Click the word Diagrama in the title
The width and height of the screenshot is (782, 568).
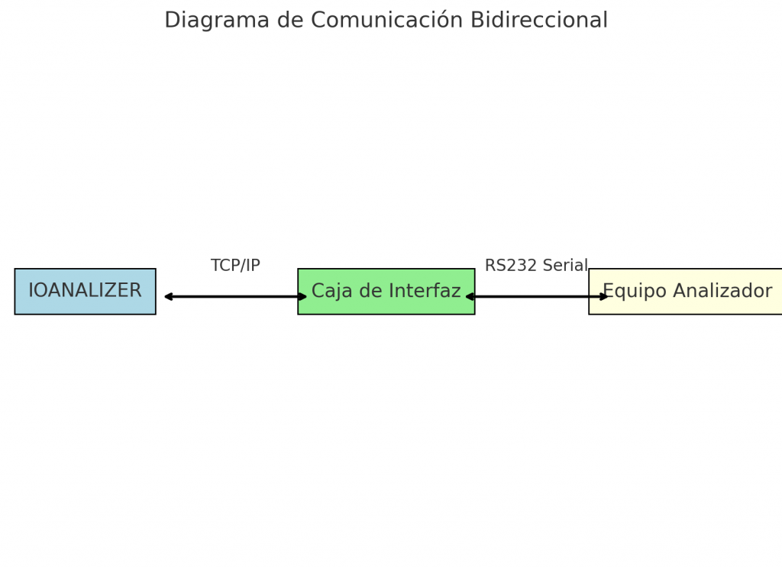point(217,21)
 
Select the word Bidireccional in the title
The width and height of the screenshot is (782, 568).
point(539,20)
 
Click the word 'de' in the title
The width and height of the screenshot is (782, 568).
point(290,20)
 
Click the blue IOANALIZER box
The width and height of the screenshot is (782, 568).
point(86,292)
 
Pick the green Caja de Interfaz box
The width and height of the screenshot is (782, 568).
point(386,292)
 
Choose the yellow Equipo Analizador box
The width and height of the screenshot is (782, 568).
point(685,292)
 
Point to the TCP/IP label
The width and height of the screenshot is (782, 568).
point(235,266)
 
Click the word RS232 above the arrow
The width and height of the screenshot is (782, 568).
point(511,266)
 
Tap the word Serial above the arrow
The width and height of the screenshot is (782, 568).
point(566,266)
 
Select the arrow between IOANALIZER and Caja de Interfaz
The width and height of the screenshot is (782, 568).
point(235,297)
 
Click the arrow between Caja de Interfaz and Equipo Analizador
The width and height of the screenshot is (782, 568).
point(537,297)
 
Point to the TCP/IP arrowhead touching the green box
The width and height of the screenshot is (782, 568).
point(302,297)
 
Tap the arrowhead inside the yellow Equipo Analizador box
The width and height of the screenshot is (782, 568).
point(604,297)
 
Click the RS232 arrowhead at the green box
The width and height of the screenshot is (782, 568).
point(470,297)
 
